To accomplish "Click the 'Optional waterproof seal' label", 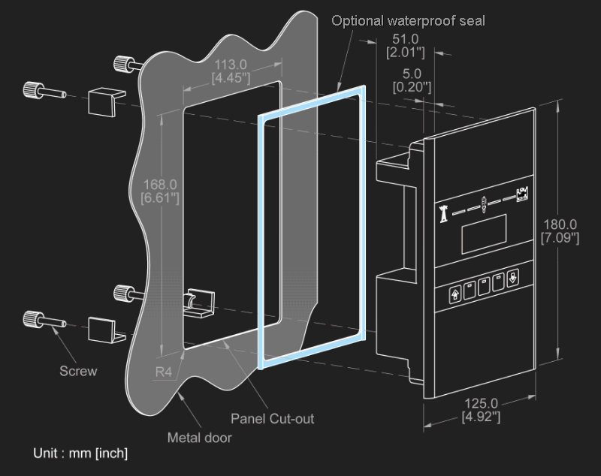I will tap(409, 20).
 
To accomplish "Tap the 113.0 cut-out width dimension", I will tap(231, 71).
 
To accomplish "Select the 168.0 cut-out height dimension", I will tap(160, 191).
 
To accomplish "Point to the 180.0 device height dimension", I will tap(560, 231).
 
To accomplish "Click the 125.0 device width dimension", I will tap(480, 410).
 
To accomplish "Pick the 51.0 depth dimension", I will tap(406, 45).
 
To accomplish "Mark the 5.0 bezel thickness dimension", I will tap(412, 80).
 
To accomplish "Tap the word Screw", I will tap(78, 371).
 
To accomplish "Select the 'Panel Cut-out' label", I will tap(272, 418).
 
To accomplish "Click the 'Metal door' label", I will tap(199, 437).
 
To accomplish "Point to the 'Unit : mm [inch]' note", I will tap(80, 453).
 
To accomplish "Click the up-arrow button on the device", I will tap(455, 294).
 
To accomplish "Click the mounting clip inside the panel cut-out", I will tap(197, 303).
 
